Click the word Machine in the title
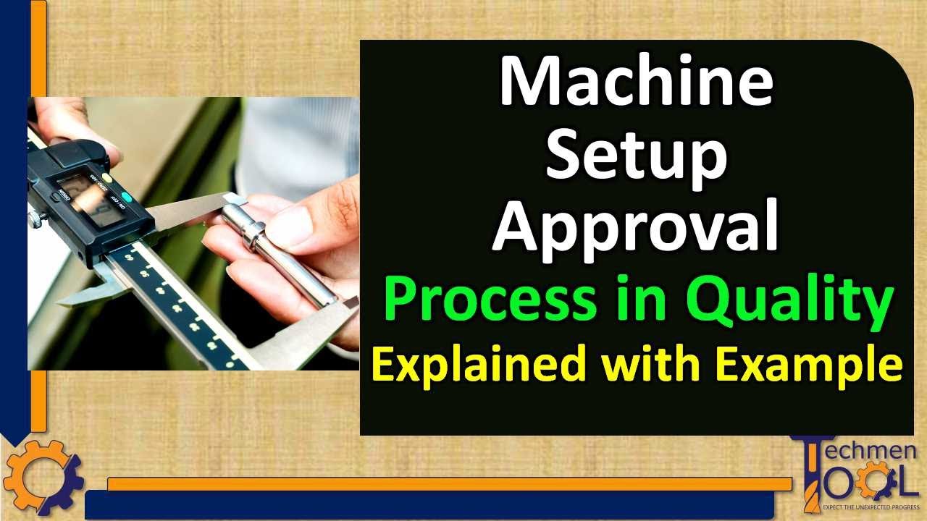[x=636, y=82]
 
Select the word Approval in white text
[x=636, y=228]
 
